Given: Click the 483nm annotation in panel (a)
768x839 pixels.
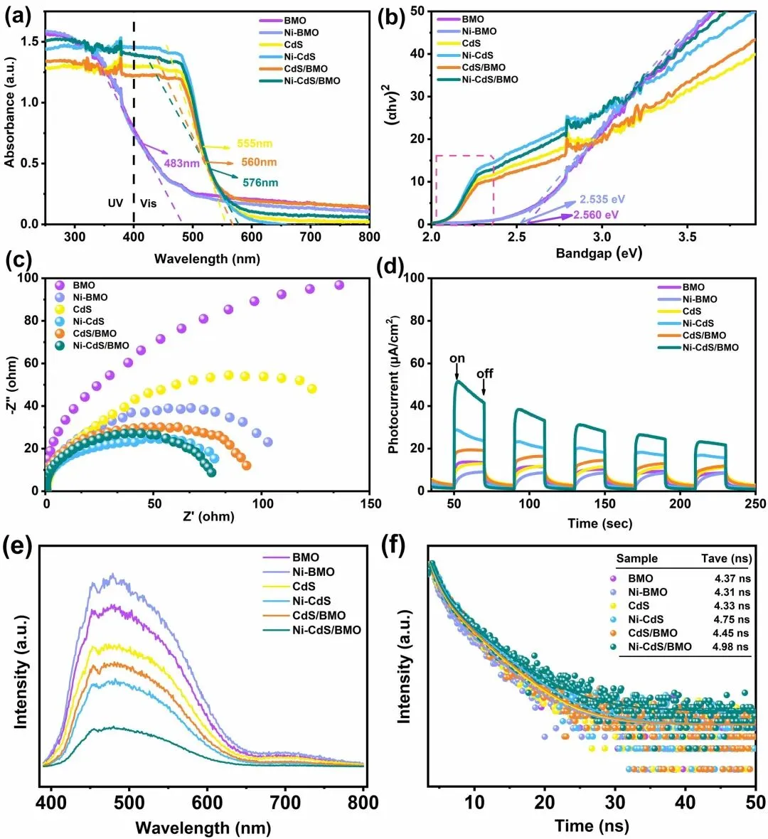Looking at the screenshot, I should [182, 163].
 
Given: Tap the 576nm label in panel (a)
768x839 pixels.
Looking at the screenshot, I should [260, 183].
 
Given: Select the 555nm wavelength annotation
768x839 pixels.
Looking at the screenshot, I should [255, 144].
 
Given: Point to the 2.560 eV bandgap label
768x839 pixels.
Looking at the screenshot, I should [596, 215].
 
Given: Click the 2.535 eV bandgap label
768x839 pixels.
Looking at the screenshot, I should [602, 200].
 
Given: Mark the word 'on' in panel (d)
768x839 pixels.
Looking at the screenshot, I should [457, 358].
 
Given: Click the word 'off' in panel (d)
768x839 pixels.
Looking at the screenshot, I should [485, 373].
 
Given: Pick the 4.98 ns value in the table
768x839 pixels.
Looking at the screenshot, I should [731, 646].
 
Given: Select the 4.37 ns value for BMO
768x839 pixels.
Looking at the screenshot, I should [731, 578].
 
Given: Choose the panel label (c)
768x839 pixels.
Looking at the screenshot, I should [19, 260].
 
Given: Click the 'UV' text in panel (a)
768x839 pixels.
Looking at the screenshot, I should [115, 203].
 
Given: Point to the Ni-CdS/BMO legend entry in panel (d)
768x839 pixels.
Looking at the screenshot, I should [710, 348].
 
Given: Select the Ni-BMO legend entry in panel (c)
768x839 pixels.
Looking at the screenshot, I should [90, 297].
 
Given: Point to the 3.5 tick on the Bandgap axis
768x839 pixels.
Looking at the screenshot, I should [687, 236].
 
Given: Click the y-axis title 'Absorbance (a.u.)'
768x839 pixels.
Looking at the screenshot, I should [10, 119].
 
